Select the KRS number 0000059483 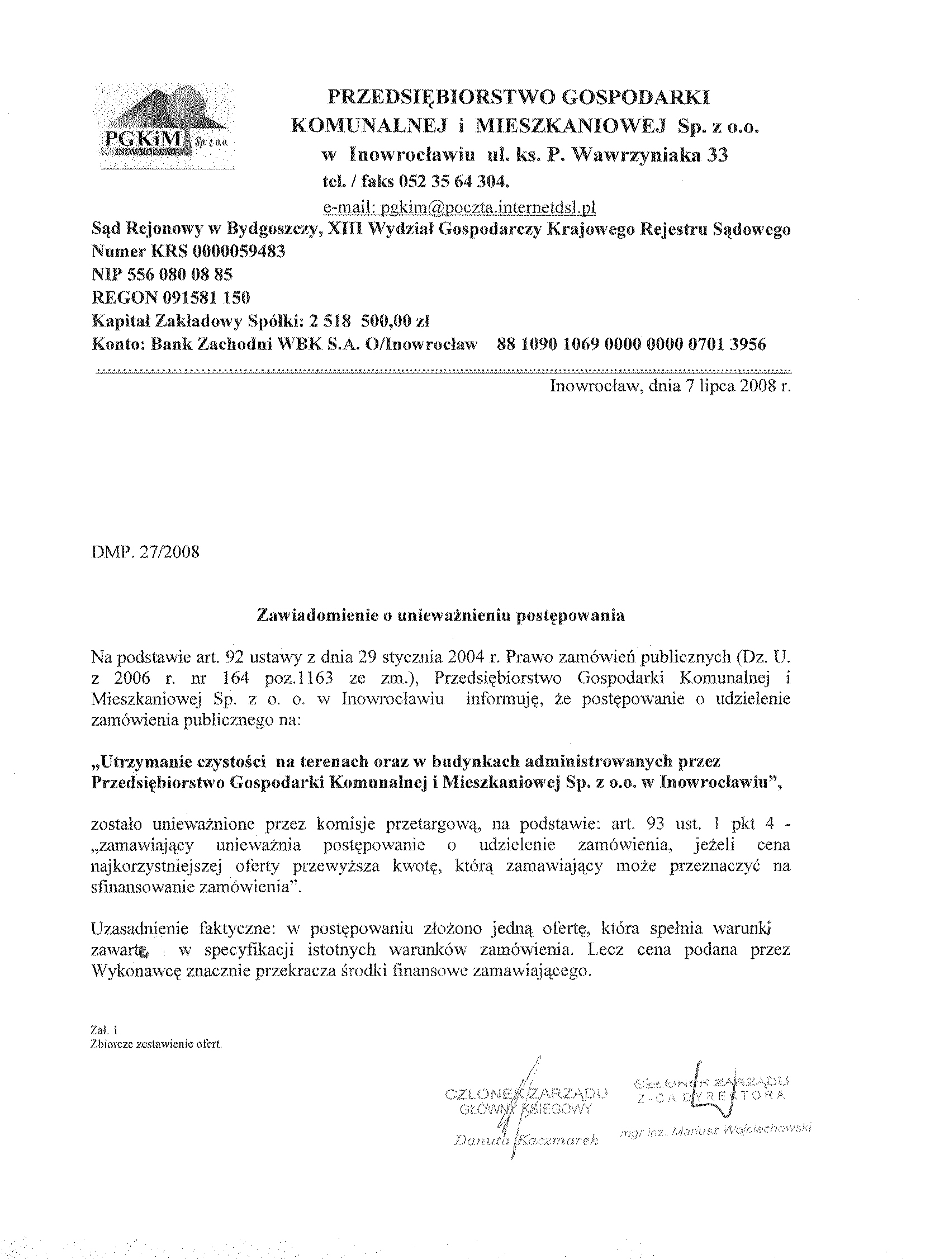click(239, 252)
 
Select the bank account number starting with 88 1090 click(631, 344)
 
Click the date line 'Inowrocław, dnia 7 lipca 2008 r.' click(671, 387)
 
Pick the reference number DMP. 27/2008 click(145, 551)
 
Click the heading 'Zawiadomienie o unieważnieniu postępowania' click(441, 616)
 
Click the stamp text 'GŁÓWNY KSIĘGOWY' click(526, 1109)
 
